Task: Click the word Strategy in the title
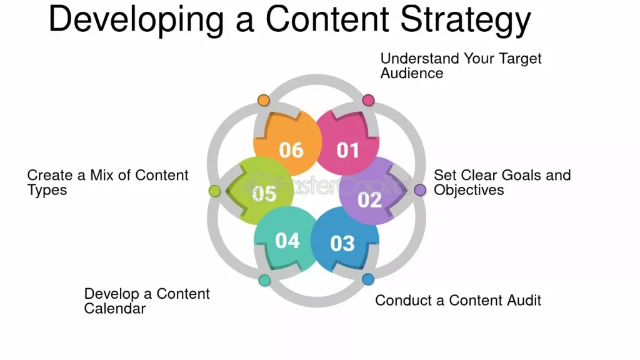pos(465,21)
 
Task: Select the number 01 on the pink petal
pos(347,150)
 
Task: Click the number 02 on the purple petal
pos(369,200)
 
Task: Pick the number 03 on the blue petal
pos(342,243)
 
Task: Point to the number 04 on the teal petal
pos(287,241)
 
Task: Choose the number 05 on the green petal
pos(264,194)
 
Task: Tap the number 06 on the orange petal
pos(291,150)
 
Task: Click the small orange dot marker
pos(264,100)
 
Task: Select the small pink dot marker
pos(368,100)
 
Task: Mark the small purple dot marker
pos(420,190)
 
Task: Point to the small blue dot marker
pos(367,279)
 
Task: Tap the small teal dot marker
pos(264,280)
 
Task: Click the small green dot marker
pos(215,191)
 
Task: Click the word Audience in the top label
pos(412,74)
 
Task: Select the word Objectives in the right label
pos(469,190)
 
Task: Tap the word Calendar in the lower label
pos(115,309)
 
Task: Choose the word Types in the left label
pos(47,191)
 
